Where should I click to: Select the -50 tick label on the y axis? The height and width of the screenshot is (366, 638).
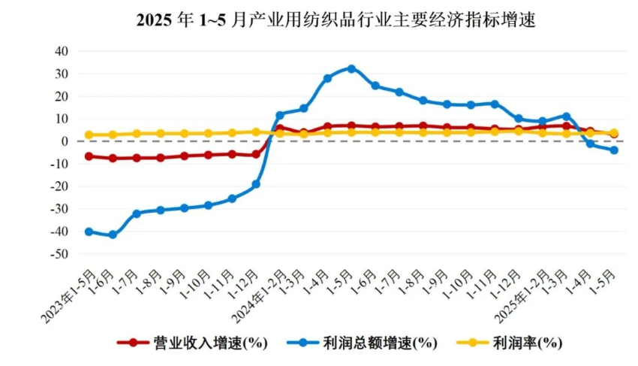[58, 254]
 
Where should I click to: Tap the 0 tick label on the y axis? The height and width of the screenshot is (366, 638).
[65, 141]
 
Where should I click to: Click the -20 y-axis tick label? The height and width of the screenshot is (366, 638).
[58, 186]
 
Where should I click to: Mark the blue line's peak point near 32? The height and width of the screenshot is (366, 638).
[351, 68]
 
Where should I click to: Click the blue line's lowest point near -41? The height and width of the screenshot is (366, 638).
[113, 234]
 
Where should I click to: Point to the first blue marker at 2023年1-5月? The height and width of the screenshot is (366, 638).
[89, 231]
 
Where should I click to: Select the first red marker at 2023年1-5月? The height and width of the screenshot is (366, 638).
[89, 156]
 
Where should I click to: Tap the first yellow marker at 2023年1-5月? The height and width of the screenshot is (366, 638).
[89, 135]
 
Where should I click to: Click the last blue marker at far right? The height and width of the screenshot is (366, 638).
[614, 150]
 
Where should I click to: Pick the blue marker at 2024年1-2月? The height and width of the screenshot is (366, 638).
[279, 116]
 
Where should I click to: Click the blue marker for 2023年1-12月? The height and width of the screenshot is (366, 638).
[256, 184]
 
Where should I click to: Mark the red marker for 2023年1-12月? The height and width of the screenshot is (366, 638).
[256, 155]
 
